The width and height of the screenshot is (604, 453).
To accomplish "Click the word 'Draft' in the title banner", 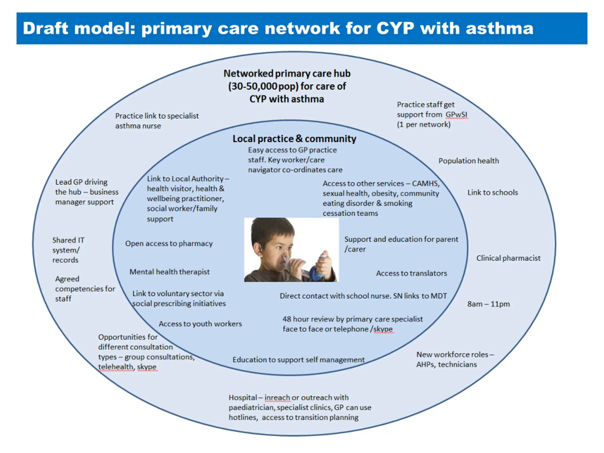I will [x=45, y=28].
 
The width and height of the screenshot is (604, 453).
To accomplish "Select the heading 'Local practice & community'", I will [x=294, y=139].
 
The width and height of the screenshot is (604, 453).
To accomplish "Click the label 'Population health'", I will [x=469, y=161].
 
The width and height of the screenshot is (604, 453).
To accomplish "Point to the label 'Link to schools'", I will [x=492, y=193].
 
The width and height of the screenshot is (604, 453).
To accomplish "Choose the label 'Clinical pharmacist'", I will [x=508, y=258].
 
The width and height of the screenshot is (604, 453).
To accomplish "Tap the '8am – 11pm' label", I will [x=488, y=304].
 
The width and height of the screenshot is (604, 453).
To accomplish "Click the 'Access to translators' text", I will [x=411, y=273].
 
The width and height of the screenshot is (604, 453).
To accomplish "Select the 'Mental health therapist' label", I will [x=169, y=272].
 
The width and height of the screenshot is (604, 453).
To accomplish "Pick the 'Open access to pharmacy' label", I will [x=169, y=243].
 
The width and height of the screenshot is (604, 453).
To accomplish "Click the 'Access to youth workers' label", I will [x=200, y=324].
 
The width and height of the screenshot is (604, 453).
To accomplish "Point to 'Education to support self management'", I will [x=298, y=360].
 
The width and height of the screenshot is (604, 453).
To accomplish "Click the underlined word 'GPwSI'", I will [x=456, y=115].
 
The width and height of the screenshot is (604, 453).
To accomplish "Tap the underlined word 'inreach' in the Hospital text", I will [x=277, y=398].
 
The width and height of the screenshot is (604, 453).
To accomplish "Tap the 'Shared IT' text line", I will [x=68, y=240].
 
